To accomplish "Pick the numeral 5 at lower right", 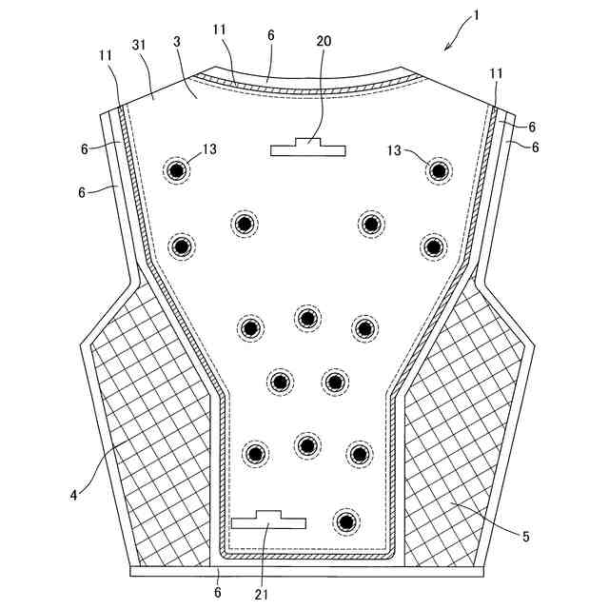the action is (x=525, y=536).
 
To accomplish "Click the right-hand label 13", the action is (x=394, y=149).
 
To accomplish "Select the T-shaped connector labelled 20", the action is (x=307, y=147).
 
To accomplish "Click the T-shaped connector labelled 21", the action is (x=269, y=520).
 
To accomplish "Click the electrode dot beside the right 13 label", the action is (x=438, y=171).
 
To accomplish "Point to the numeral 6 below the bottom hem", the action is (x=218, y=594).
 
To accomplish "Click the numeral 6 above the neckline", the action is (x=271, y=34).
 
